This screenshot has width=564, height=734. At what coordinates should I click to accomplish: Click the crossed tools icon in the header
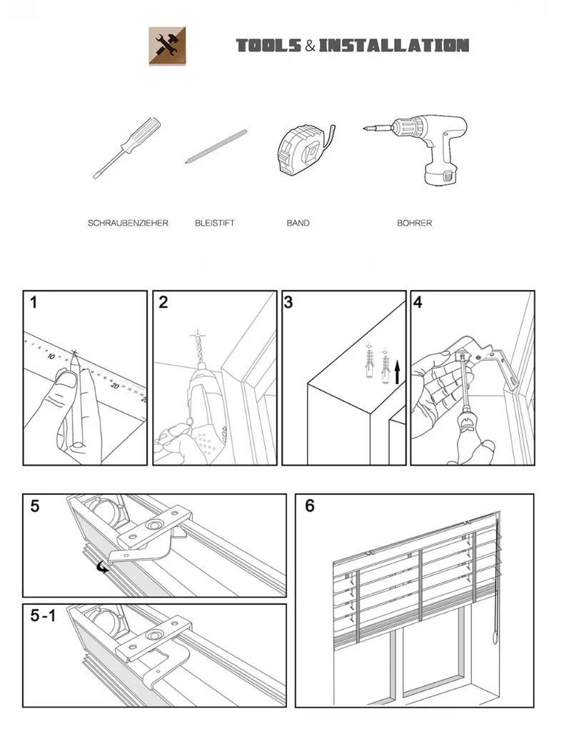(166, 46)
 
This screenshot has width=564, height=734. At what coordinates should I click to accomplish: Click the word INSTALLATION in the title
(393, 46)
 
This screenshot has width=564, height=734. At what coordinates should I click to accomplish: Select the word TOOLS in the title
(268, 46)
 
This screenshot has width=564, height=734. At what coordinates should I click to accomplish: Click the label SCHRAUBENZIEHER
(128, 223)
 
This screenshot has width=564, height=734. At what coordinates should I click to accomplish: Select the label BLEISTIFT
(214, 223)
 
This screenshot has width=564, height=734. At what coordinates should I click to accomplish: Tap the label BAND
(298, 223)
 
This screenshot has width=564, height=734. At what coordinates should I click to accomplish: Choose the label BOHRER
(414, 223)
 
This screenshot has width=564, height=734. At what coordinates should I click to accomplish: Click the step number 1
(34, 303)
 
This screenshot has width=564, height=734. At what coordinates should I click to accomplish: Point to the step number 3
(288, 303)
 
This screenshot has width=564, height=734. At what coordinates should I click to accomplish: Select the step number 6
(309, 506)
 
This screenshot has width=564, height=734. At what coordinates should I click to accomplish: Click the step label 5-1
(43, 616)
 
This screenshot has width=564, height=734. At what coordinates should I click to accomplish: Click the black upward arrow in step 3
(398, 372)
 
